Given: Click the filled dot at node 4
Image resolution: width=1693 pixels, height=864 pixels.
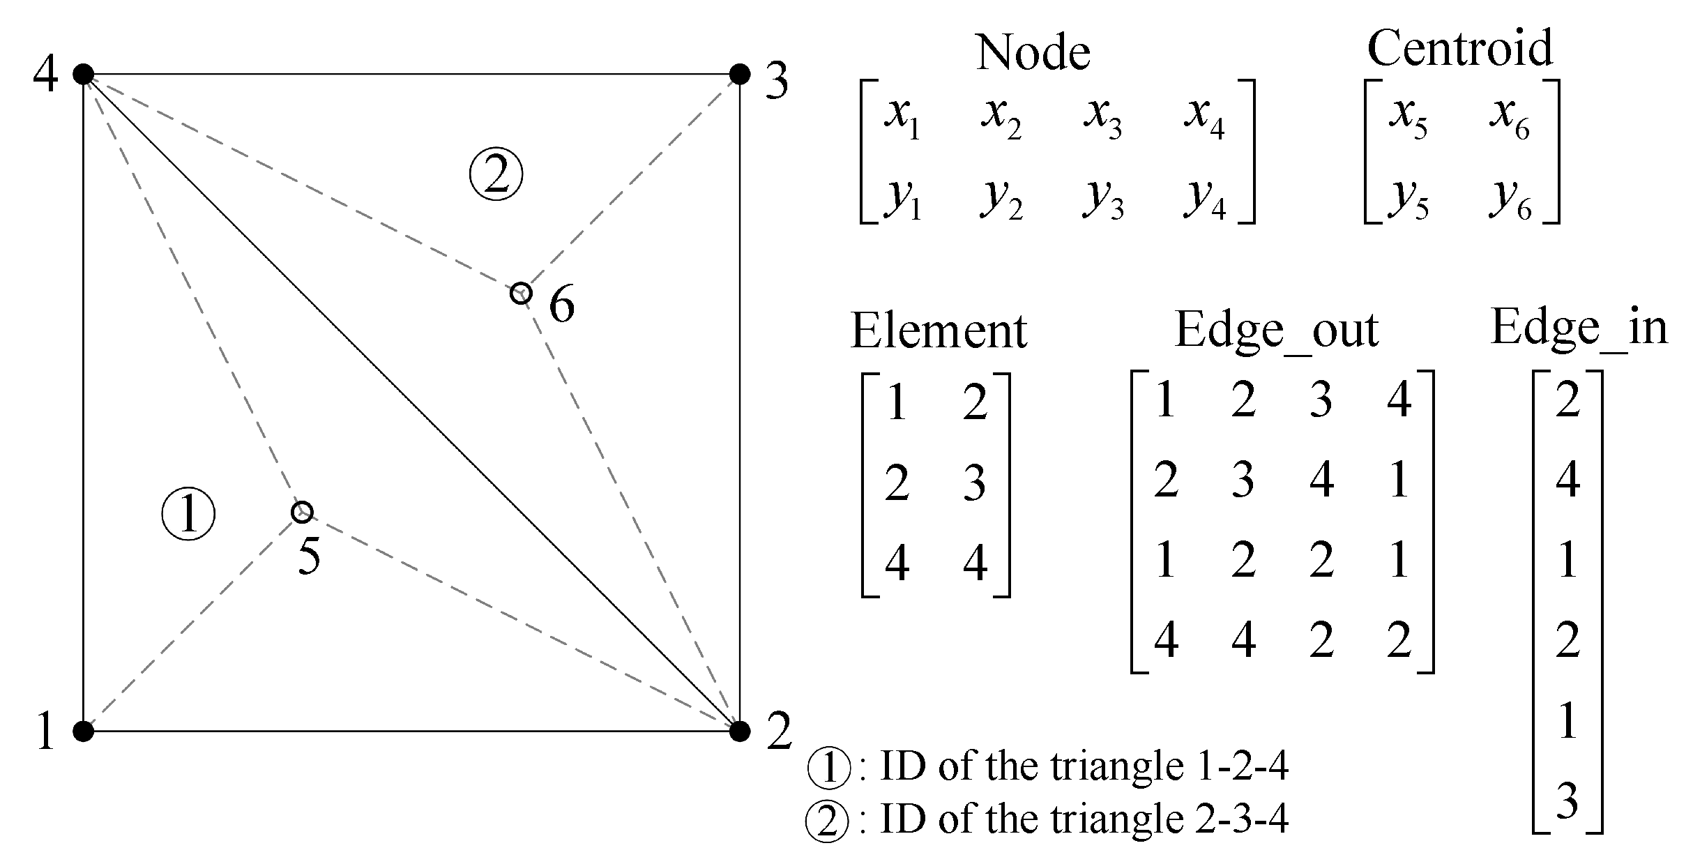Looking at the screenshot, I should pos(84,73).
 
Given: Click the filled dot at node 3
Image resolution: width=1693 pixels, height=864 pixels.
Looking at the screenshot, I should pos(739,73).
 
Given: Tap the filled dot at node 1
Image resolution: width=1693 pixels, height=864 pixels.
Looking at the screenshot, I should pos(84,731).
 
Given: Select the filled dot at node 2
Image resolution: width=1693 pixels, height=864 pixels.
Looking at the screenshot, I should pos(739,731).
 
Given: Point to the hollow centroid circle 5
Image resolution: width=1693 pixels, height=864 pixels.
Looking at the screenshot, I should pos(302,512).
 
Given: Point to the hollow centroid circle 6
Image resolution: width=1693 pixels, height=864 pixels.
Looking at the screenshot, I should pos(521,293).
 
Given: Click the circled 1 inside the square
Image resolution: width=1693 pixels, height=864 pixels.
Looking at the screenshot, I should pos(188,515).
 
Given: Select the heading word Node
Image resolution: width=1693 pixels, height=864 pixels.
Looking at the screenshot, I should pos(1033,52).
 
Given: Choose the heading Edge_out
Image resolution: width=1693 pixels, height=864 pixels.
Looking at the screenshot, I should pos(1277,330).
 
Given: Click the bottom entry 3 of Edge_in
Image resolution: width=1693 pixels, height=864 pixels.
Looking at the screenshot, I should pos(1567,801).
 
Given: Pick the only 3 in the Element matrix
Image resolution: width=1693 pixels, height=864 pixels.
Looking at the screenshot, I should pos(974,482).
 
